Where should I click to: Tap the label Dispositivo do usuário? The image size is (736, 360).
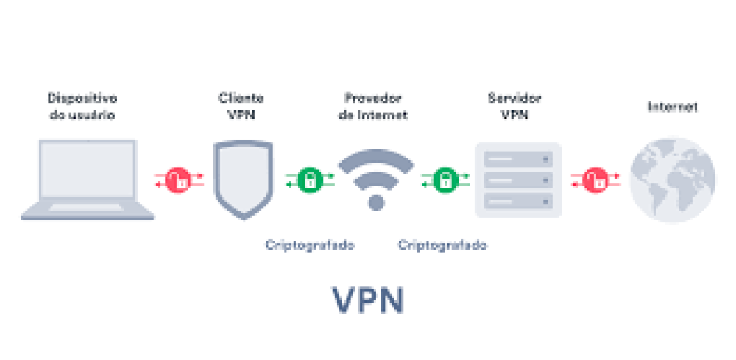coord(82,107)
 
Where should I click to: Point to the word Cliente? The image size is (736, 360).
coord(241,98)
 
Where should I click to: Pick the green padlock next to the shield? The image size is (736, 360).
coord(311,179)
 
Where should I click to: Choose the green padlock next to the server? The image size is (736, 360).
coord(443,179)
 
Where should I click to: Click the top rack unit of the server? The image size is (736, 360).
coord(518,158)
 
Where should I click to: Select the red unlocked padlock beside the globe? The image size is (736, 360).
coord(594,179)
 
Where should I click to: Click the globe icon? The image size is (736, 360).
coord(672,179)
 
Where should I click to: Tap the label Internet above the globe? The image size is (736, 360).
coord(672,107)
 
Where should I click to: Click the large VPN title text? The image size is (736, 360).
coord(368,300)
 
